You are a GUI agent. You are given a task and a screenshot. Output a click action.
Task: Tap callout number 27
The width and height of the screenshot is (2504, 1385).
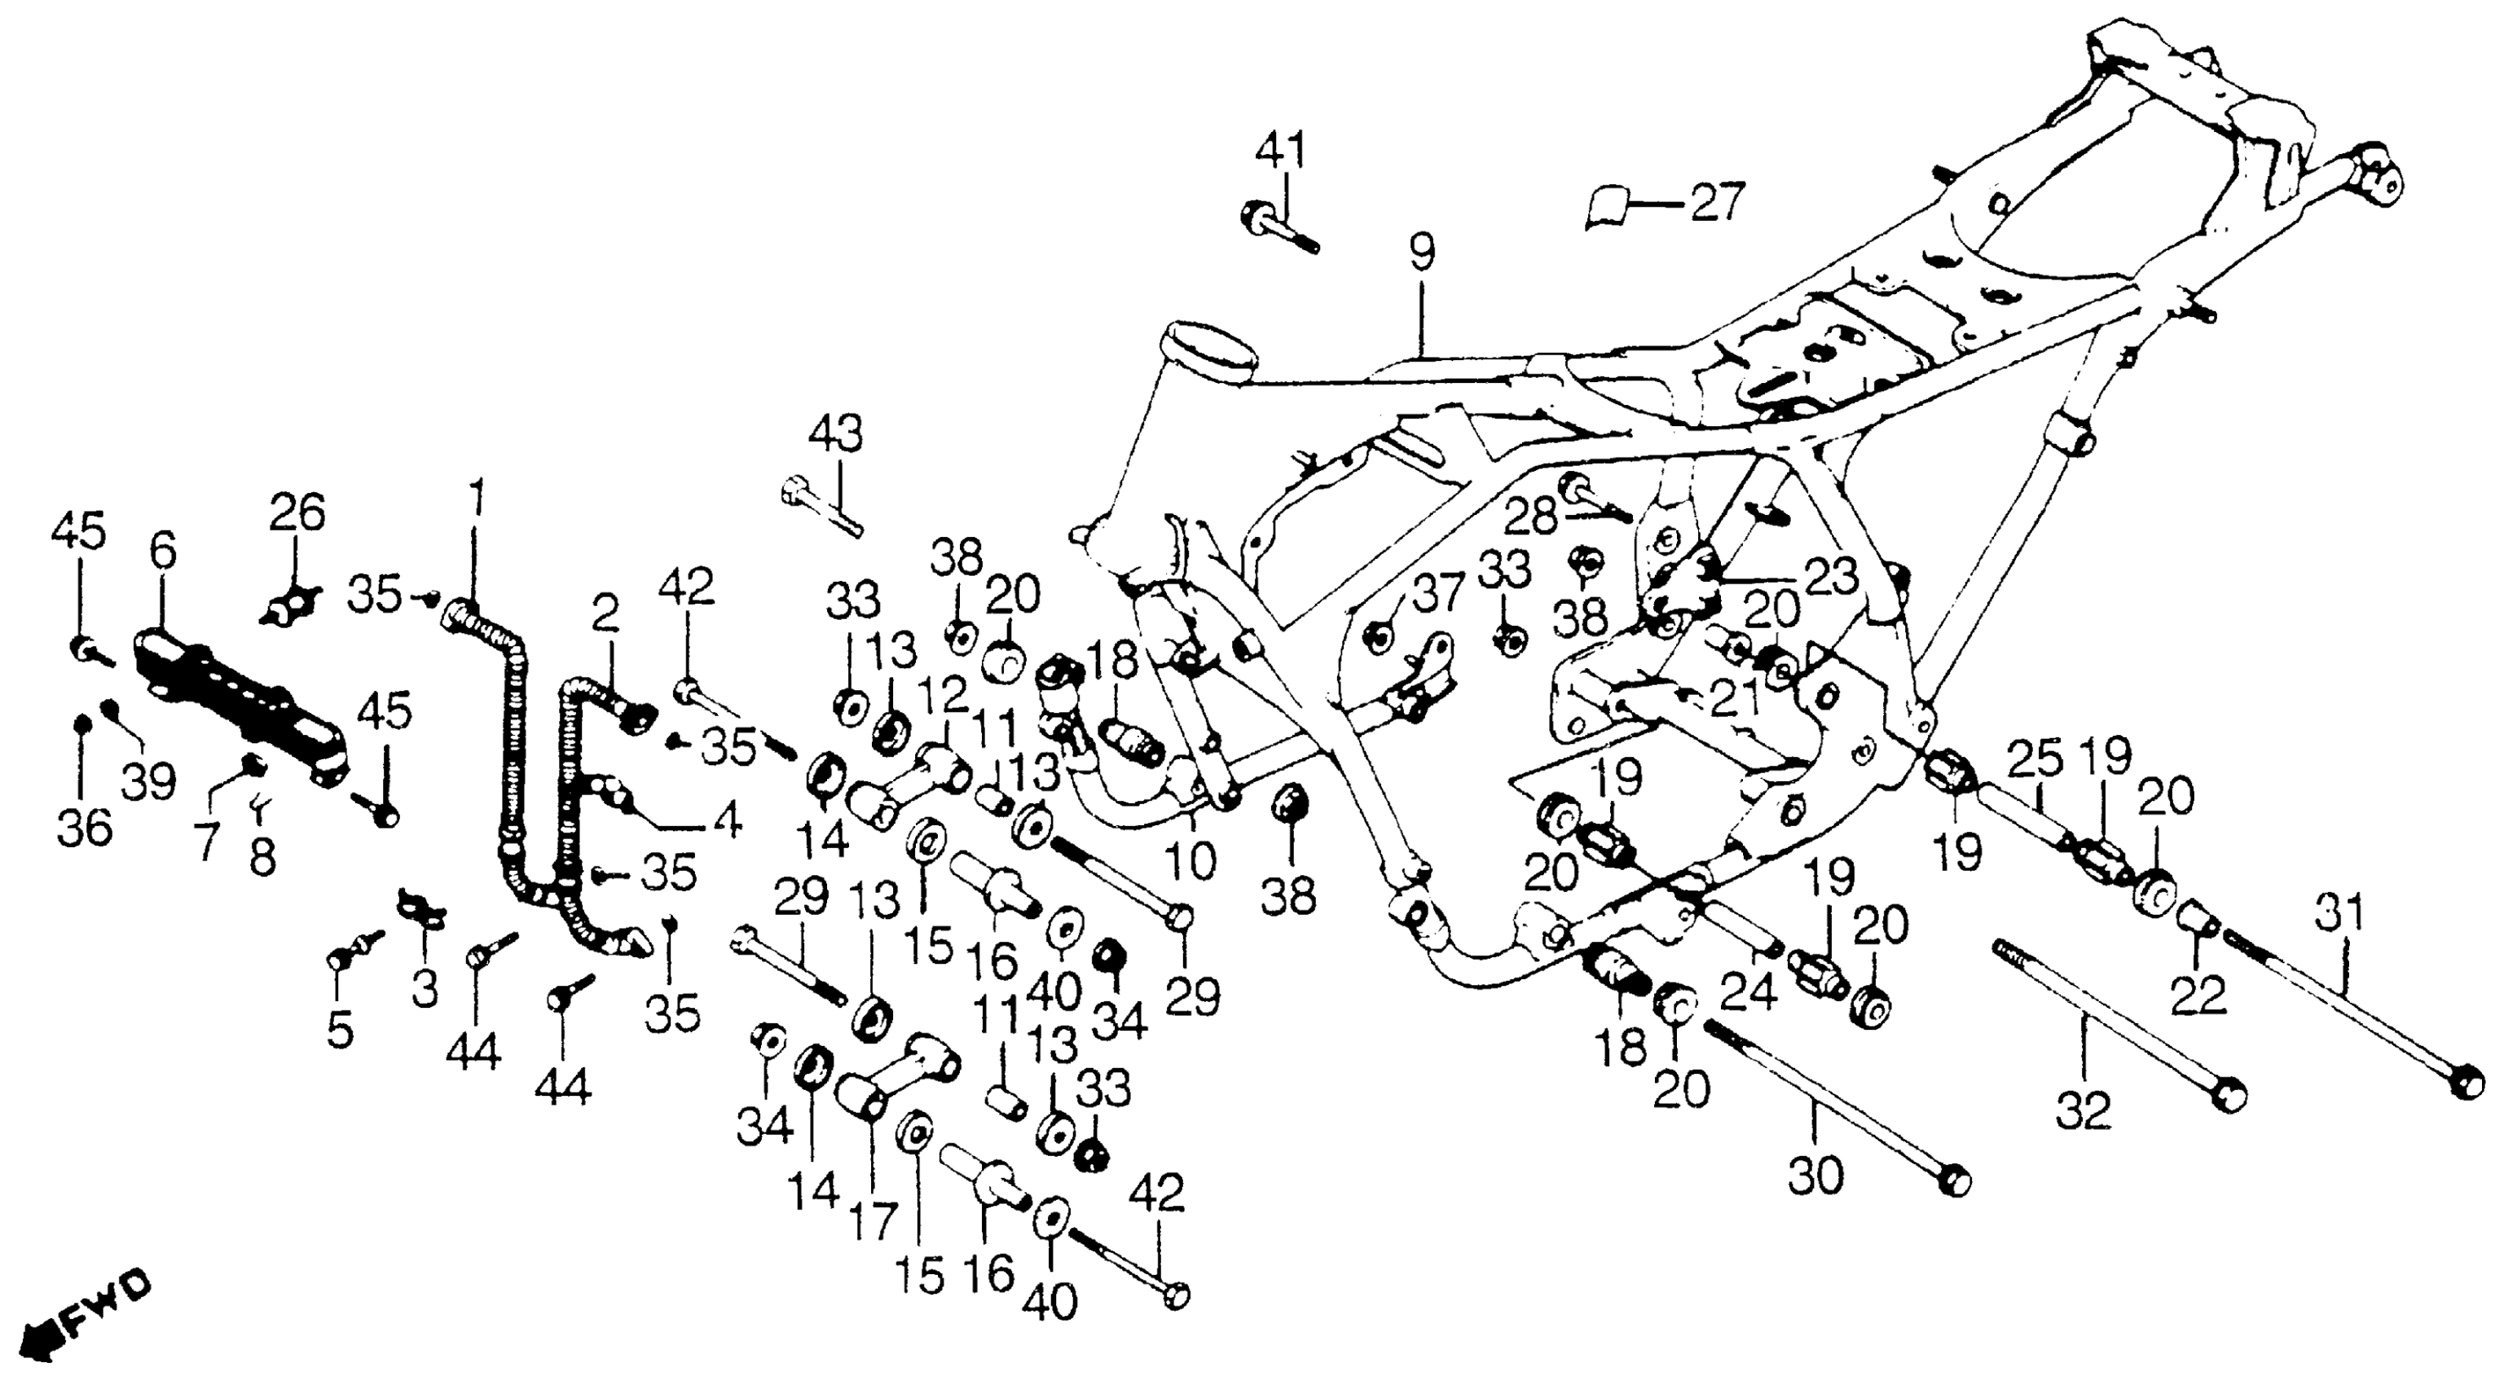tap(1717, 202)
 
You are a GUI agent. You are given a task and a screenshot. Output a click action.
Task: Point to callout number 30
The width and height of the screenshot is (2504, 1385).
tap(1815, 1177)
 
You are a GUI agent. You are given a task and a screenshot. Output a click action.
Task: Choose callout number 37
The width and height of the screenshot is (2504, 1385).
tap(1437, 592)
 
